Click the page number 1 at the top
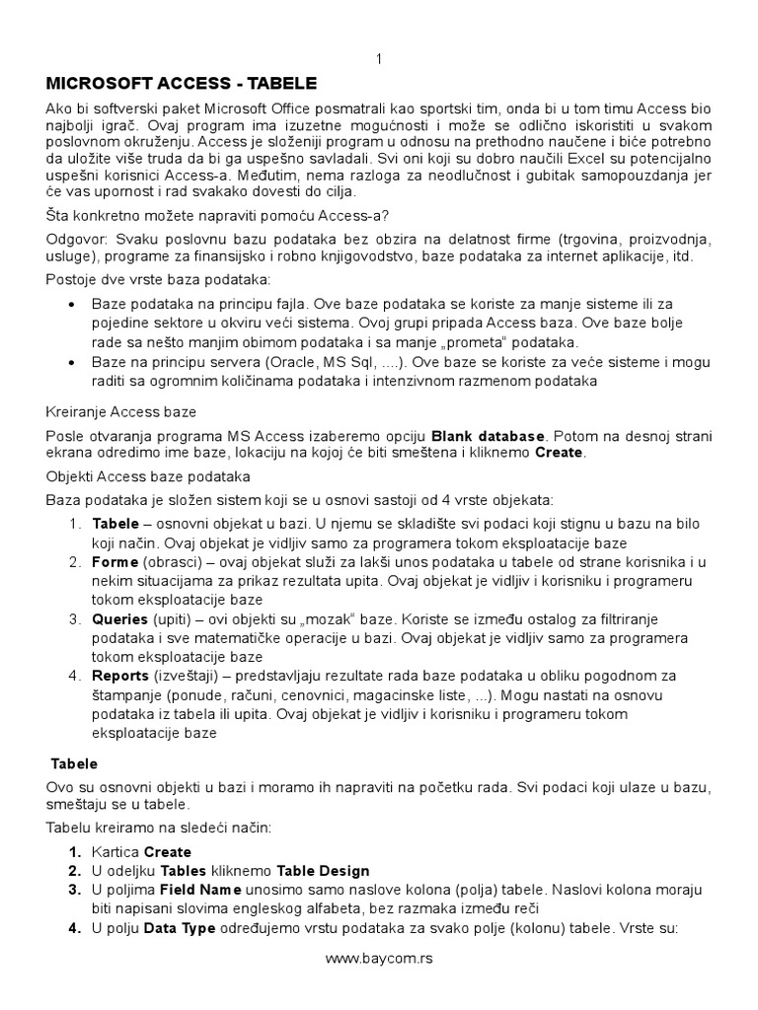379,59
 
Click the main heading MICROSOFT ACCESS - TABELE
183,82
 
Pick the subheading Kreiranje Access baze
120,410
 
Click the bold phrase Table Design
323,871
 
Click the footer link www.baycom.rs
379,958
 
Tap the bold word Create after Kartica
168,852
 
